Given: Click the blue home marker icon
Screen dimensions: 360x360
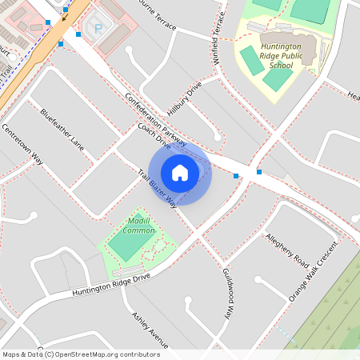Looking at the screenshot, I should (x=180, y=172).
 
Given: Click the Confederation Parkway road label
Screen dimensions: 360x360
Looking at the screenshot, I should (x=156, y=119).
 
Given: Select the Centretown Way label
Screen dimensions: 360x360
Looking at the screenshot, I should (x=22, y=143).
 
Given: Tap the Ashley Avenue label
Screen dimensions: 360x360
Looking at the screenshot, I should (x=149, y=327).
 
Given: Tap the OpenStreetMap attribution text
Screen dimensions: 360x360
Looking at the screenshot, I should (x=80, y=354).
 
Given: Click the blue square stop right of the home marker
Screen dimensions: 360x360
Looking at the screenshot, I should (x=235, y=176).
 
